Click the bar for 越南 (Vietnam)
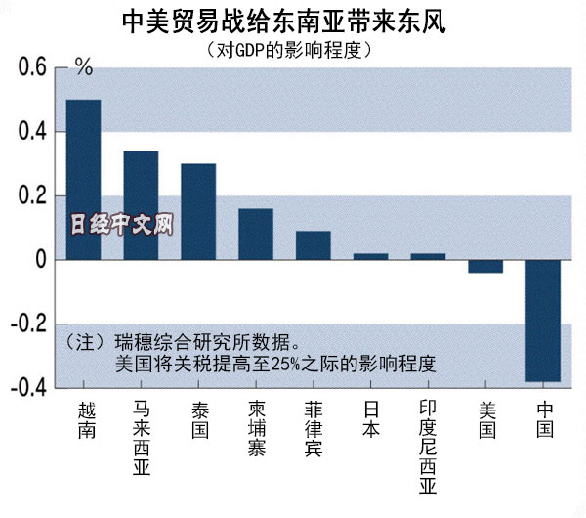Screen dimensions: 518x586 tap(83, 180)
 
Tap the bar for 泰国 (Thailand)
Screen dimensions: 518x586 tap(198, 211)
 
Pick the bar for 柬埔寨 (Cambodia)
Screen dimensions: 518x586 tap(256, 235)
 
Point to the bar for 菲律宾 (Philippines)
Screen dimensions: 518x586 tap(313, 245)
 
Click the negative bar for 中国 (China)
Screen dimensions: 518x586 tap(543, 321)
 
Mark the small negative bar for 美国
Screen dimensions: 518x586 tap(485, 266)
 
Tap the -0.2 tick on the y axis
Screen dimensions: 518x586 tap(26, 324)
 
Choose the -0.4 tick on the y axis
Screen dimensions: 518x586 tap(26, 388)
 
